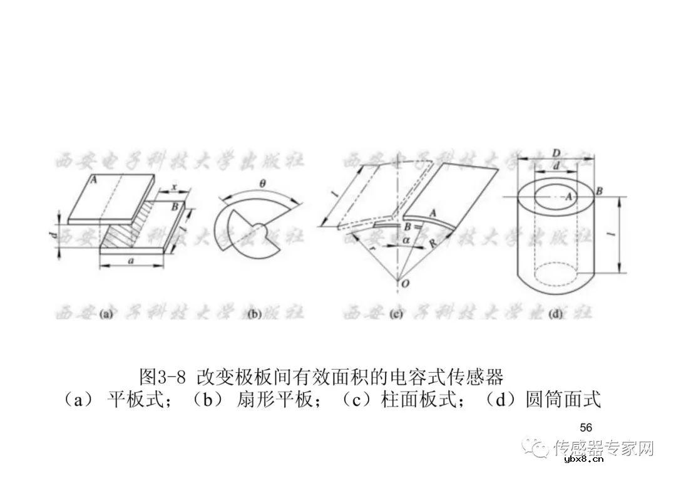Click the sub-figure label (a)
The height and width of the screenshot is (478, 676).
point(105,315)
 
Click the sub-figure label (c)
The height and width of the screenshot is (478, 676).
point(396,315)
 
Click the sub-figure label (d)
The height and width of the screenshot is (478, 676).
point(555,315)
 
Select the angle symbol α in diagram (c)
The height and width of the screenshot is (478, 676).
point(406,240)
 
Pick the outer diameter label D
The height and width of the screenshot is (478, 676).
point(555,153)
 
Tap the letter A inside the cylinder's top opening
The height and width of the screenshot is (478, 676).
point(569,196)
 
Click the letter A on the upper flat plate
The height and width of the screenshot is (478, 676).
point(93,180)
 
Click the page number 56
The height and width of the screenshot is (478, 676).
point(586,428)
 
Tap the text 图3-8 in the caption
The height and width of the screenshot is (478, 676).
point(163,378)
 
